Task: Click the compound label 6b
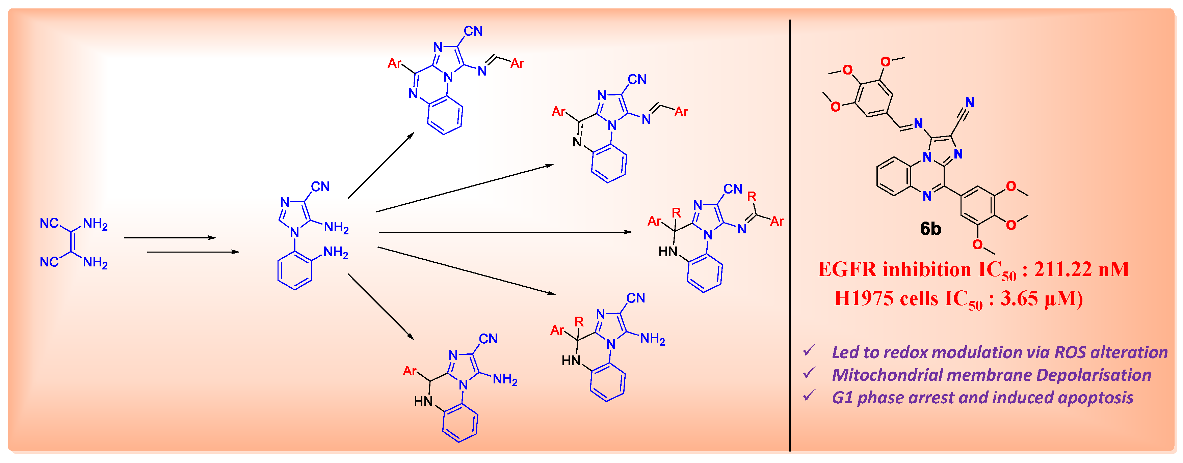[930, 229]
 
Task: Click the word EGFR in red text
[847, 269]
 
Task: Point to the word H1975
[863, 299]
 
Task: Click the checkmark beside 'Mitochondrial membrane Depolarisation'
[809, 374]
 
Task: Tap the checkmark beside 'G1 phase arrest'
[809, 396]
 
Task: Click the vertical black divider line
[790, 229]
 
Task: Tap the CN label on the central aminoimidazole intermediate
[320, 187]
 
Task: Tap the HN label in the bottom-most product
[423, 402]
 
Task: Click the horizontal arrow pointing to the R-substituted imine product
[505, 232]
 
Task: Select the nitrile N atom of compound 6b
[969, 102]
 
